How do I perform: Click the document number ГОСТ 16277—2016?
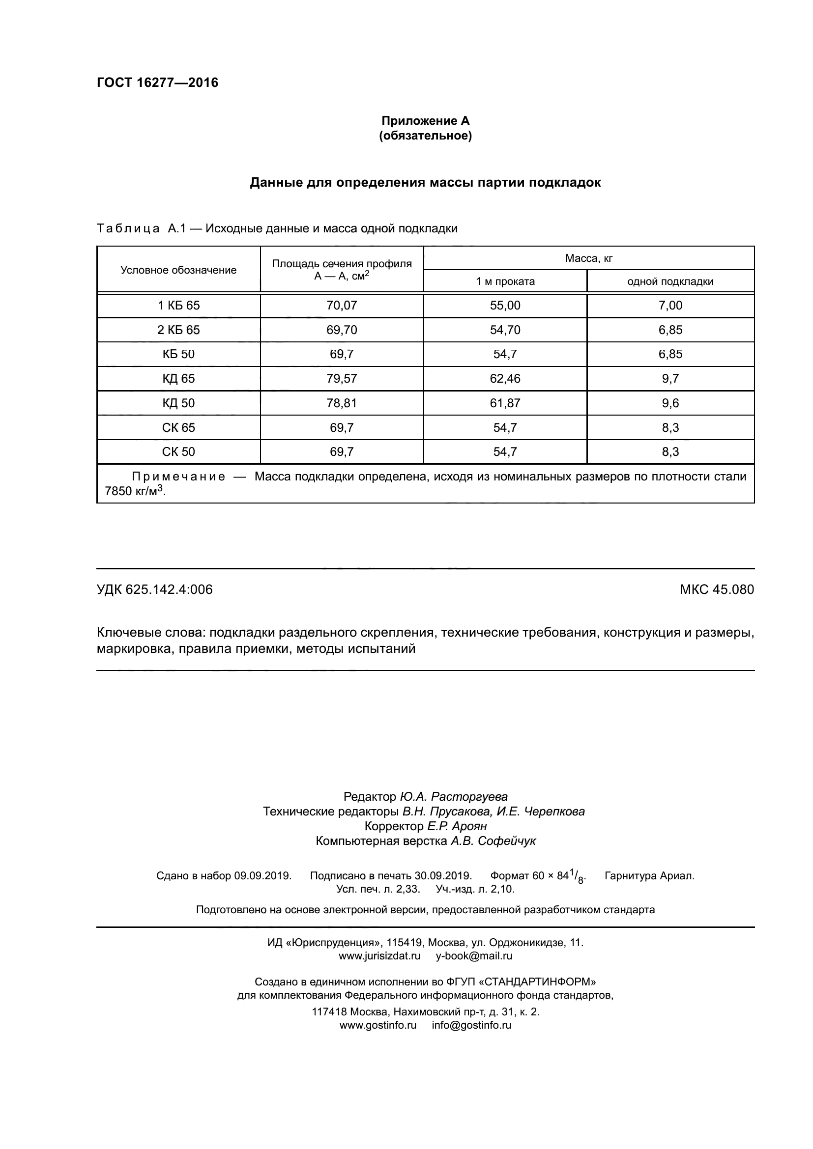[157, 83]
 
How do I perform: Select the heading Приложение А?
[426, 121]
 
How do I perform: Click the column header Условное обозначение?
[178, 270]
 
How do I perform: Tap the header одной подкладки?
[670, 281]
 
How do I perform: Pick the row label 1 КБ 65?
[178, 305]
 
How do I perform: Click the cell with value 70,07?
[342, 305]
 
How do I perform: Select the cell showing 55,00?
[505, 305]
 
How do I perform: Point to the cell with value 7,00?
[670, 305]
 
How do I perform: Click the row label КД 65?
[178, 379]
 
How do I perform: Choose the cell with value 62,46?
[505, 379]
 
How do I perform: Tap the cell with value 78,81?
[342, 403]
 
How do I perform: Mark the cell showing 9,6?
[670, 403]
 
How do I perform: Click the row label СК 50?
[178, 452]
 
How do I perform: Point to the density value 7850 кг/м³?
[135, 491]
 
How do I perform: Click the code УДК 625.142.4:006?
[154, 589]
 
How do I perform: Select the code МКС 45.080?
[716, 589]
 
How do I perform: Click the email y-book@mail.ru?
[474, 956]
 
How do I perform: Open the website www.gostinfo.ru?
[378, 1025]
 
